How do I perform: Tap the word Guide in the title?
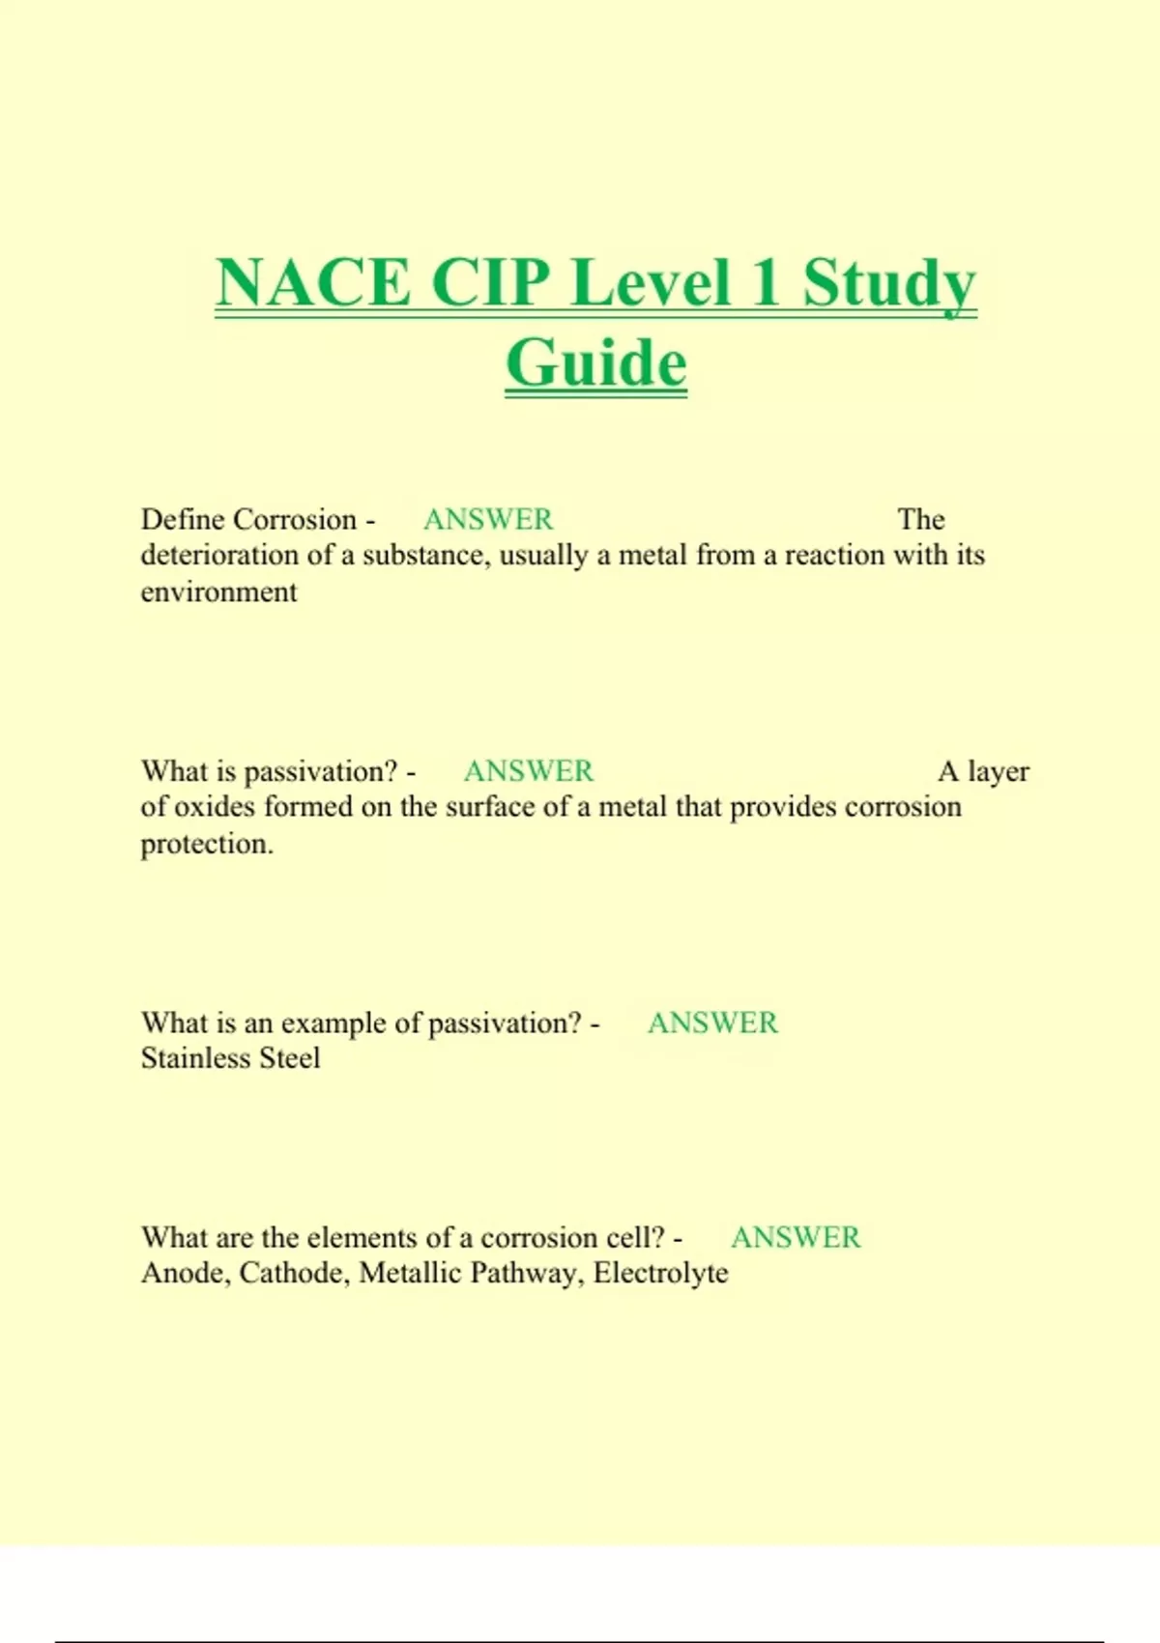click(595, 363)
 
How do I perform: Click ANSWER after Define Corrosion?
click(488, 520)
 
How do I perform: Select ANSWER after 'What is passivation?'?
click(529, 771)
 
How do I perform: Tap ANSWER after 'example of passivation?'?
click(712, 1023)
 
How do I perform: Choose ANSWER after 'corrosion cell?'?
click(796, 1237)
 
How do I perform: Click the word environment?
click(218, 591)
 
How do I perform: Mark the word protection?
click(207, 844)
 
